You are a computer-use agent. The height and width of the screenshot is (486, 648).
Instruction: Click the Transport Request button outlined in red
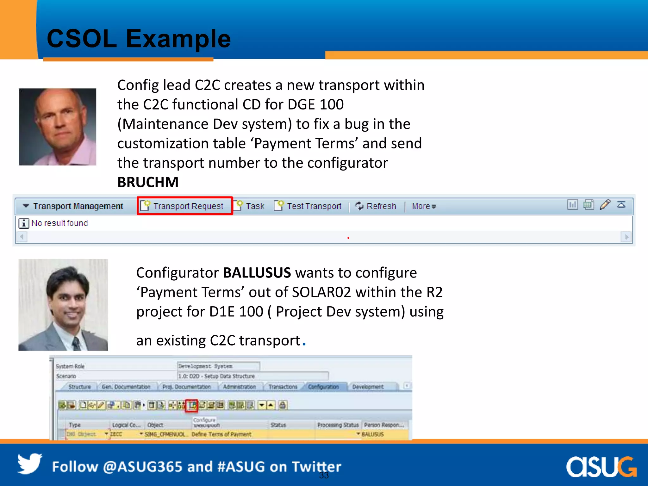pos(185,206)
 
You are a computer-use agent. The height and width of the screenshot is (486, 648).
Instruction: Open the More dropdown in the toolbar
pos(423,206)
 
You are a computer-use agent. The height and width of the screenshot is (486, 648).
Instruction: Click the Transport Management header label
pos(78,206)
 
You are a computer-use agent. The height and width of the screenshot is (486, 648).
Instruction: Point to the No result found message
pos(59,223)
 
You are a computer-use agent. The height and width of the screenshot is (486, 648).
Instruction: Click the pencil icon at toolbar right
pos(605,205)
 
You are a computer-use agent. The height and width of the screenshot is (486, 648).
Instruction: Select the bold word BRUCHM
pos(148,182)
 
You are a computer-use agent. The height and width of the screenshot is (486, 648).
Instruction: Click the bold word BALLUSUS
pos(257,273)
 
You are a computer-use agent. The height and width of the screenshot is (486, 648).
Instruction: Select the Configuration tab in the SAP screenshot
pos(323,387)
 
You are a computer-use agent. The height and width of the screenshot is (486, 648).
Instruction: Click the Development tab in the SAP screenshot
pos(368,387)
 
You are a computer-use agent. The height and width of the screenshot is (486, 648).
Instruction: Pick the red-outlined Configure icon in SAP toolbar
pos(192,405)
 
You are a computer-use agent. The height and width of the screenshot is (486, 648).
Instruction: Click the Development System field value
pos(218,366)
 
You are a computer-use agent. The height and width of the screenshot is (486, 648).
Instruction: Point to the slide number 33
pos(324,475)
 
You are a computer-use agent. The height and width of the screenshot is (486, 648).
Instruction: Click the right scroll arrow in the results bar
pos(626,237)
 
